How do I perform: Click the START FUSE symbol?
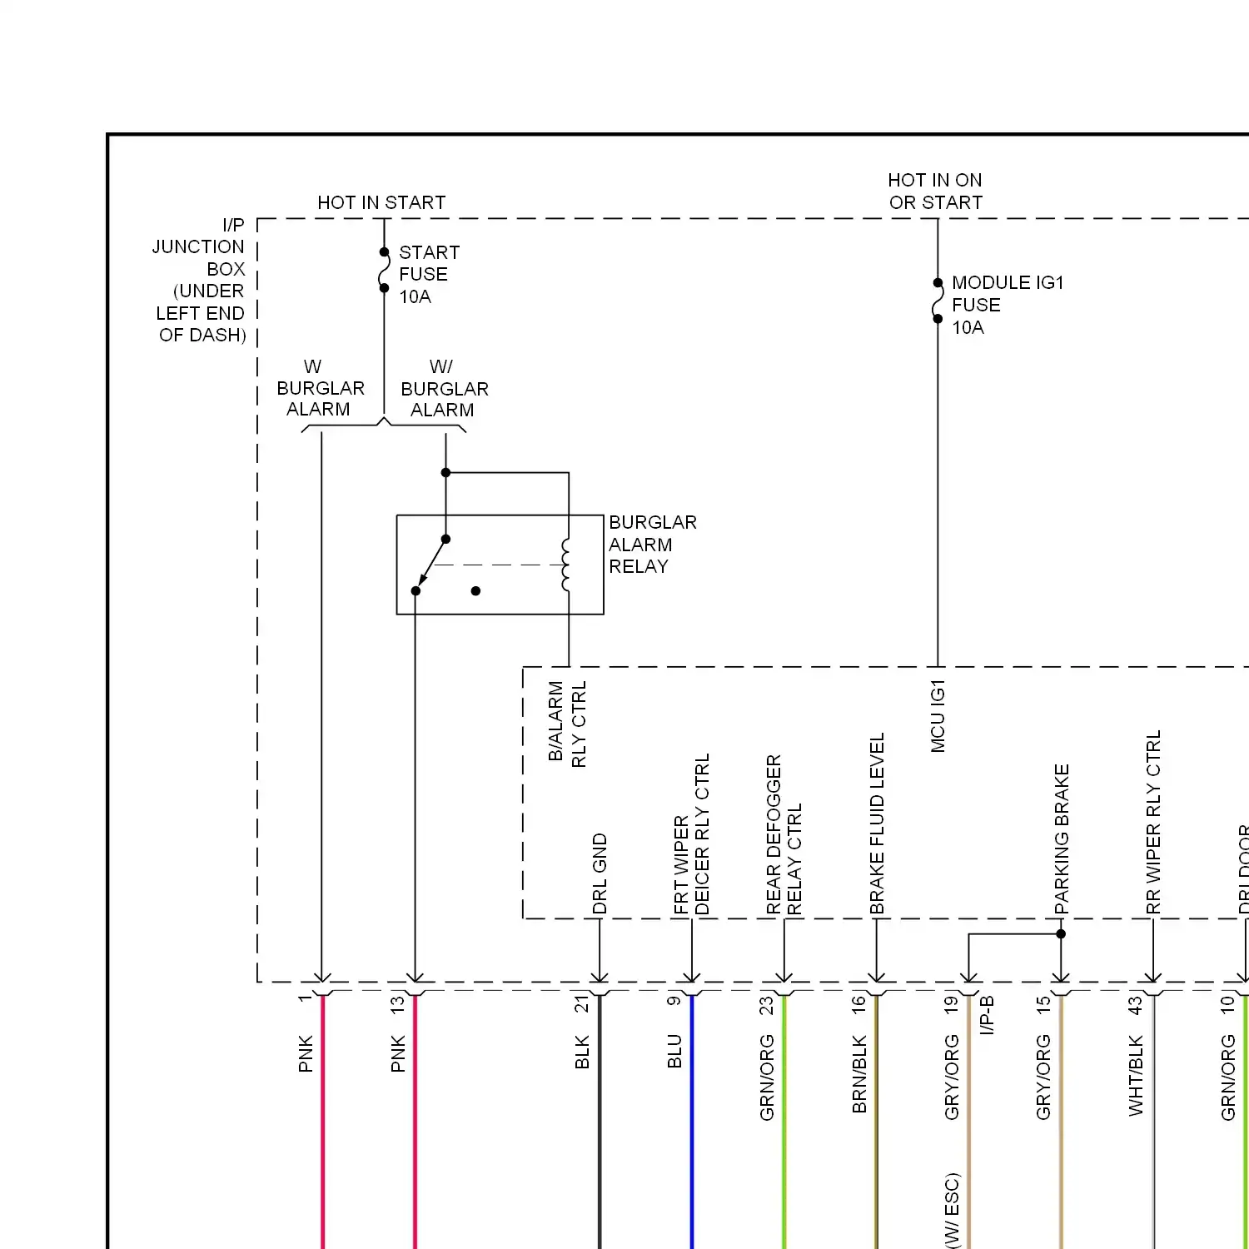click(x=384, y=270)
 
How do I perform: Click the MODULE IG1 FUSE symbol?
click(x=938, y=301)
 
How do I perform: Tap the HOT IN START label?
click(x=381, y=202)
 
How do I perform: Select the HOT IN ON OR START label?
click(x=935, y=192)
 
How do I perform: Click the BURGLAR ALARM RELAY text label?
click(x=652, y=545)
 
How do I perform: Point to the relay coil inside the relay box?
click(x=567, y=565)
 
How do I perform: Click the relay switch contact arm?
click(x=430, y=565)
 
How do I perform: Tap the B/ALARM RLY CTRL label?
click(x=567, y=723)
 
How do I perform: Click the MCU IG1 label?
click(x=938, y=716)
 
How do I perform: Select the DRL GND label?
click(x=600, y=873)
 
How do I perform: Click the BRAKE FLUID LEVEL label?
click(x=877, y=824)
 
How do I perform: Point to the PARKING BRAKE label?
click(x=1062, y=839)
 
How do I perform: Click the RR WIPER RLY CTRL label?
click(x=1153, y=822)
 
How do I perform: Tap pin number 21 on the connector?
click(x=581, y=1004)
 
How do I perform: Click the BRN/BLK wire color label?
click(x=859, y=1074)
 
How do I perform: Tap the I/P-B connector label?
click(x=987, y=1015)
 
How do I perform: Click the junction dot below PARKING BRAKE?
click(x=1061, y=934)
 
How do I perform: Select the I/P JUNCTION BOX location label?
click(x=201, y=280)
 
